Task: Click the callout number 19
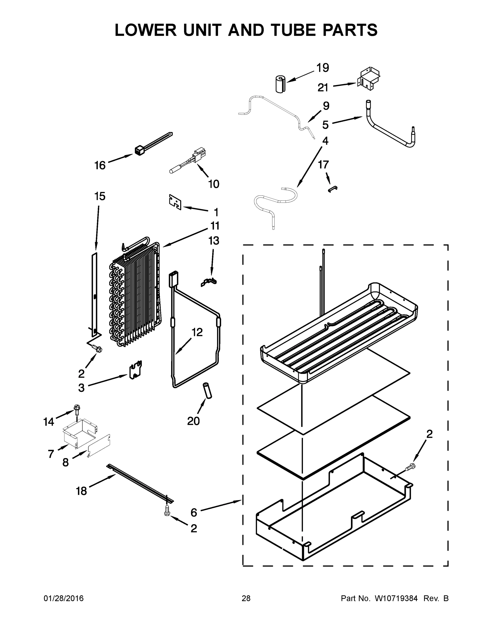(323, 68)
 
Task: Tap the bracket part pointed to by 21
(368, 79)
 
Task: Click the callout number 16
(100, 165)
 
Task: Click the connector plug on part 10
(199, 153)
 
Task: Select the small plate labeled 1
(175, 202)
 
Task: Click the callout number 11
(215, 226)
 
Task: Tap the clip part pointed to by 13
(209, 282)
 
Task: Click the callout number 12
(197, 332)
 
